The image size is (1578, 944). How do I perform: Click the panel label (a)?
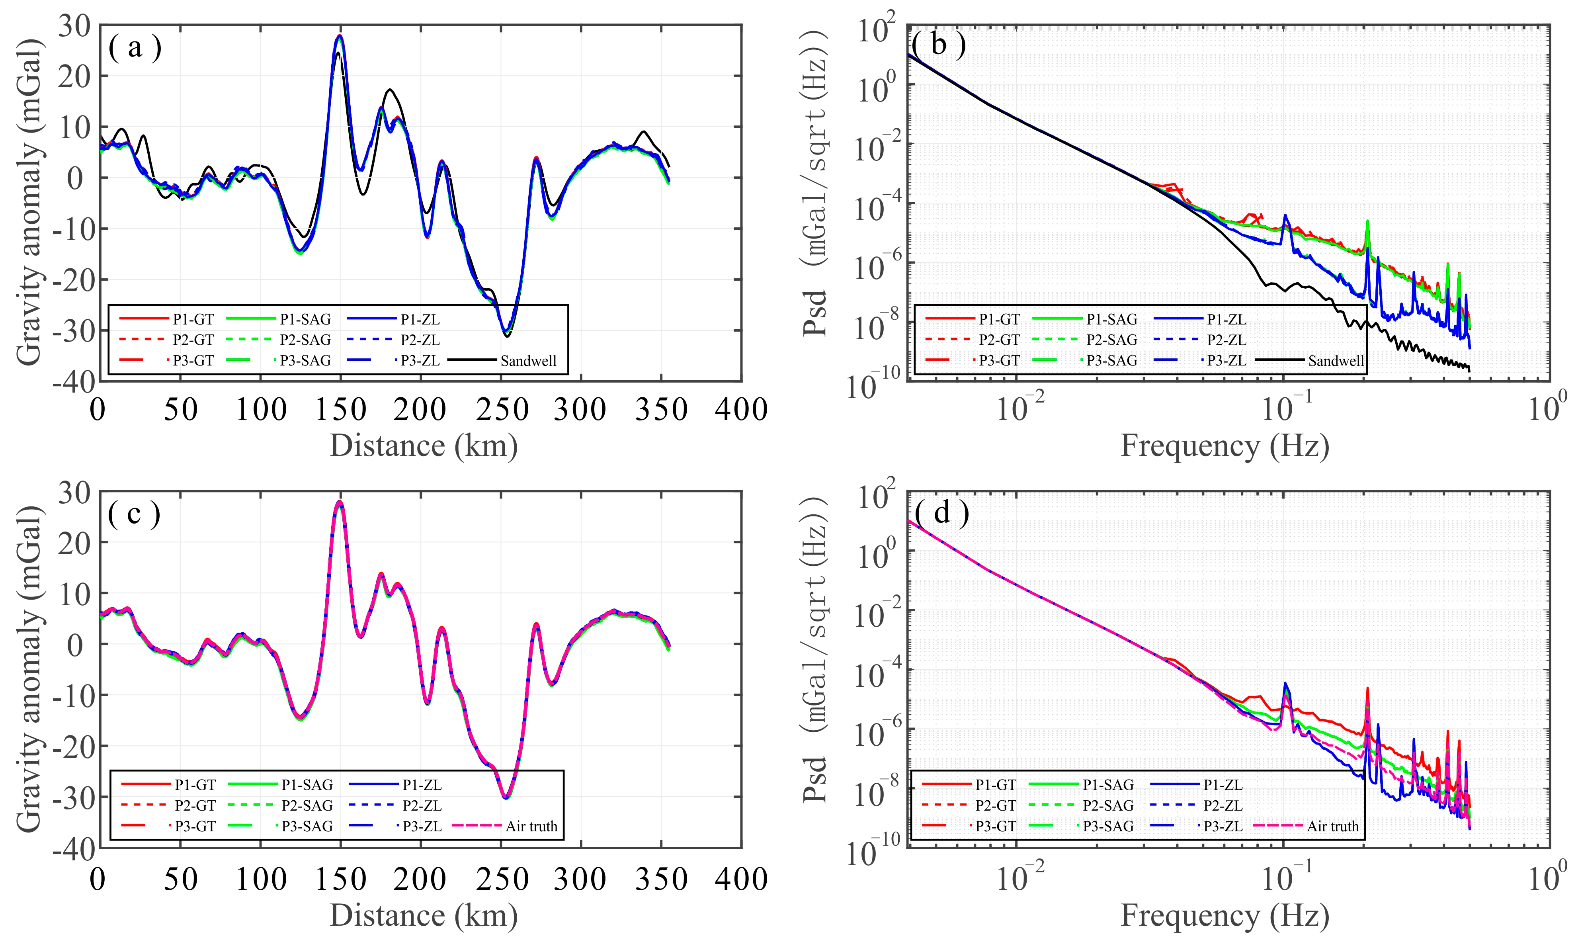(x=135, y=48)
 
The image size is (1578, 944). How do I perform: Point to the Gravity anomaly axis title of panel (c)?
(x=29, y=669)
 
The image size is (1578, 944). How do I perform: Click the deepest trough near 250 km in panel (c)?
(x=506, y=797)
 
